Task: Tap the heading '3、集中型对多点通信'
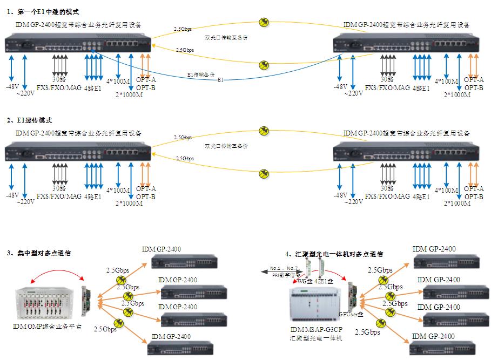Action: [39, 253]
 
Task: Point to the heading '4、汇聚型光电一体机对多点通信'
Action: [334, 254]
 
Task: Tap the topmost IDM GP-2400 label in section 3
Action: [161, 249]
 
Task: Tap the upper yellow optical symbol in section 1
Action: [263, 22]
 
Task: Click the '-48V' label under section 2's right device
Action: [340, 195]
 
